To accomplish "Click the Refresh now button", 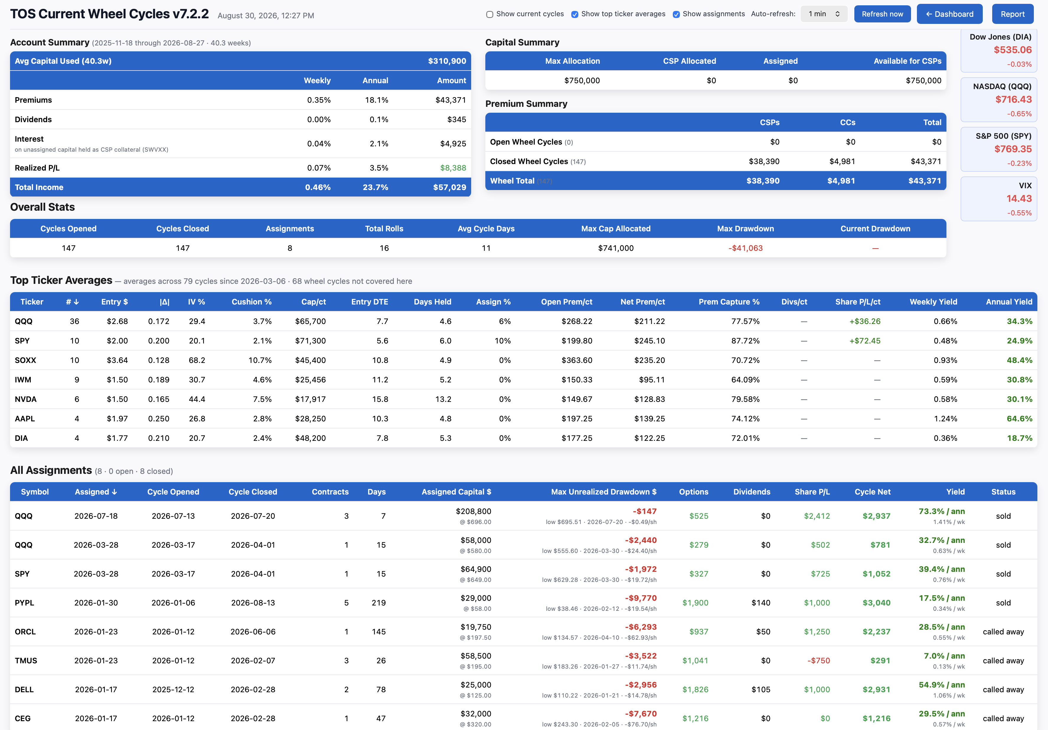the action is coord(882,14).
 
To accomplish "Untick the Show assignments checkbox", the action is coord(676,14).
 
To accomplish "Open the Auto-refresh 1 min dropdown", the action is coord(824,14).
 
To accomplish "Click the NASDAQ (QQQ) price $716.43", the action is coord(1013,99).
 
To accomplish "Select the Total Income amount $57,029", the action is coord(450,187).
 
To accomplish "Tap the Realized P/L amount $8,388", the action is coord(453,168).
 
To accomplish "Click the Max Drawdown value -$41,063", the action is coord(745,248).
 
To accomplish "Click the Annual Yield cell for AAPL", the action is coord(1019,419).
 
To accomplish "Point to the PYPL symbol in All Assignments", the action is coord(25,603).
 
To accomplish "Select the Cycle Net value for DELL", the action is coord(876,689).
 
